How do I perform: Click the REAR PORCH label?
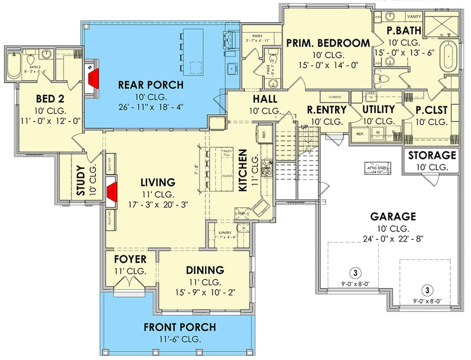tap(151, 85)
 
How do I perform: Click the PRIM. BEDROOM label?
tap(327, 43)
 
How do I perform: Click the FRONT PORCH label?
tap(180, 327)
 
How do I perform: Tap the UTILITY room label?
tap(378, 110)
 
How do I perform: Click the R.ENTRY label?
tap(326, 110)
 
